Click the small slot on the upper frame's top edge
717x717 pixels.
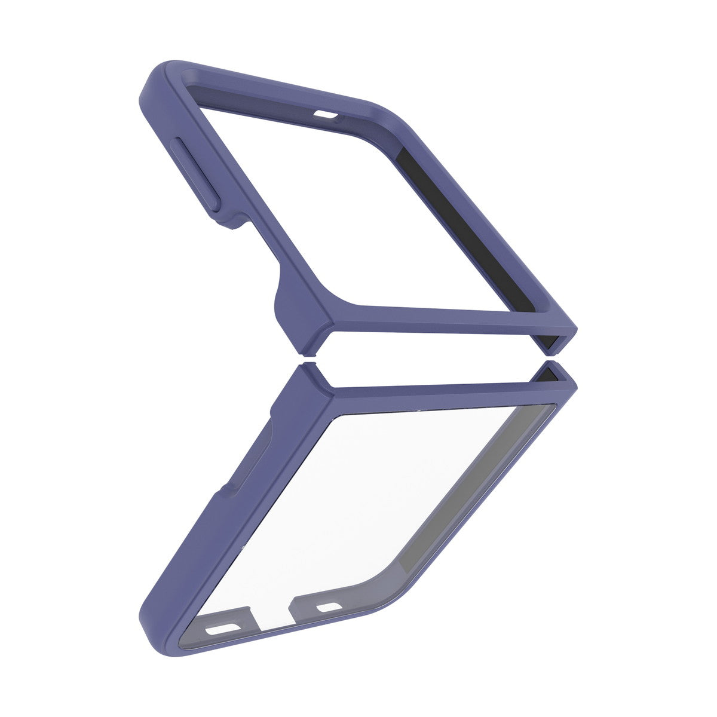(326, 113)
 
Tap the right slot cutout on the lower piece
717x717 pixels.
(327, 608)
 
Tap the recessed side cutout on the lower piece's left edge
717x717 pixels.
(251, 454)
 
